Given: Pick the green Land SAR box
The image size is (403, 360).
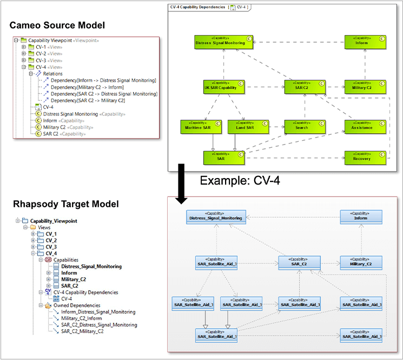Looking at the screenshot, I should pos(245,127).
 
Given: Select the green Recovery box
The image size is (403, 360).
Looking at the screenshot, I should pos(365,157).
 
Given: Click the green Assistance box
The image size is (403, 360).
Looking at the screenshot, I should pos(365,127).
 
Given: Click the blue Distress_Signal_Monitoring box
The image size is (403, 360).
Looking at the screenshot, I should pos(216,217).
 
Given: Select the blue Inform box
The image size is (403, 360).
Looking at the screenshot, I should pos(360,217).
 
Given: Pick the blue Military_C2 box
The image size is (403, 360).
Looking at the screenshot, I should pos(360,262).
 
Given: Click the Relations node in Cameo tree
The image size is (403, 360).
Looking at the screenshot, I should pos(52,74).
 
